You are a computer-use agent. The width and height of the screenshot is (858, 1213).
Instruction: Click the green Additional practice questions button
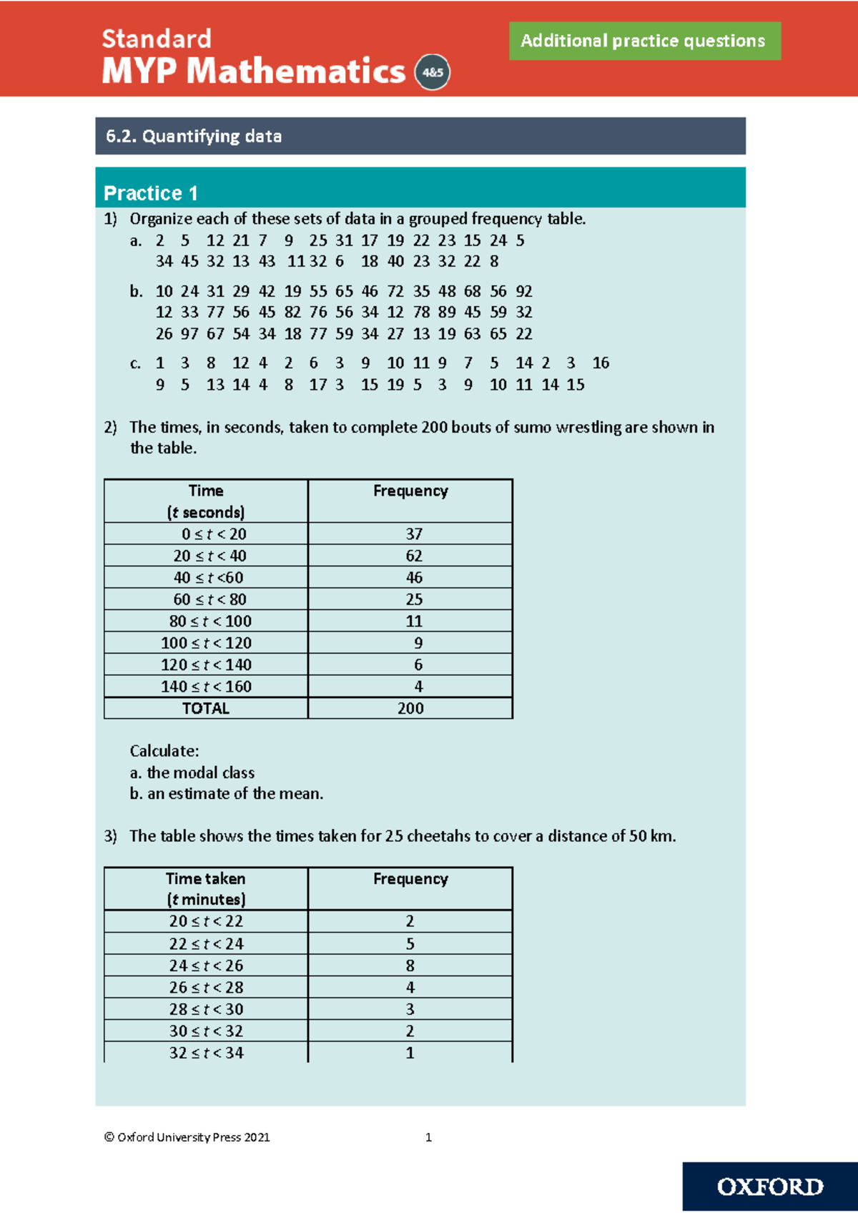click(644, 41)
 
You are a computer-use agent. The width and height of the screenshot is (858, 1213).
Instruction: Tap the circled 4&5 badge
click(433, 72)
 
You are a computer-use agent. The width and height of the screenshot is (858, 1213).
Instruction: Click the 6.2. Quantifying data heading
click(194, 136)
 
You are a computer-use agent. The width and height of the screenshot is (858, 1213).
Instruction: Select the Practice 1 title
click(151, 193)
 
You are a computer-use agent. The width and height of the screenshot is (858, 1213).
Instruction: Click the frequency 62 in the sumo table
click(413, 556)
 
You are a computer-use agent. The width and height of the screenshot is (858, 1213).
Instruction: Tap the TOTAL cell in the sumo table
click(206, 708)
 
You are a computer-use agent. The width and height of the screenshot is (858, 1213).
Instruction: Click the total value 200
click(410, 708)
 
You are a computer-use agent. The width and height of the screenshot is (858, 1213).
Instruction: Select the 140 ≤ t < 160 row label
click(206, 687)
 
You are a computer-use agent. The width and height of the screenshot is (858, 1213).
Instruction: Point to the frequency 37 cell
click(413, 534)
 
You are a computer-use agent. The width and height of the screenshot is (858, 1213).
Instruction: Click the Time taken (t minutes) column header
click(206, 888)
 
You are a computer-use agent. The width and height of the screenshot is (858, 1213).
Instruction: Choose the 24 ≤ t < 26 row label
click(206, 966)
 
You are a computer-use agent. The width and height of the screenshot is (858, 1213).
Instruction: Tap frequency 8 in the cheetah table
click(410, 966)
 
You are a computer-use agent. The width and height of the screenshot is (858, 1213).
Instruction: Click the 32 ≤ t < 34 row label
click(206, 1053)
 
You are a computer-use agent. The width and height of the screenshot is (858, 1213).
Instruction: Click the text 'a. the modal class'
click(192, 772)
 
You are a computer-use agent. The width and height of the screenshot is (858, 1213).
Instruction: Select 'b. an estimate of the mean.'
click(227, 794)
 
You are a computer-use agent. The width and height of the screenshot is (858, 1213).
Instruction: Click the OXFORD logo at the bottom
click(770, 1187)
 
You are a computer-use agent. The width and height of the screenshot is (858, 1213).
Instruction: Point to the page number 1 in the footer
click(428, 1137)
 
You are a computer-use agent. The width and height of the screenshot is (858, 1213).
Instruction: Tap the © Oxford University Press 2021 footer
click(187, 1137)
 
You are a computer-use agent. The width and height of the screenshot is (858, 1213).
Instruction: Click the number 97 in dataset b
click(189, 334)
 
